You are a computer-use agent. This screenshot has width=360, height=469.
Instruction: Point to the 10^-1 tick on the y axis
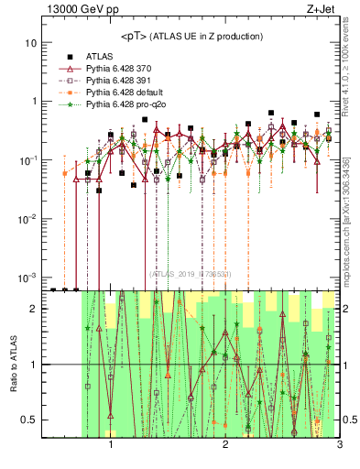[x=28, y=159]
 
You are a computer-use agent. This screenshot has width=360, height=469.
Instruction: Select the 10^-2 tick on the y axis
[x=28, y=218]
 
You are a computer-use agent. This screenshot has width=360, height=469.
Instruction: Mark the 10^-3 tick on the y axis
[x=28, y=277]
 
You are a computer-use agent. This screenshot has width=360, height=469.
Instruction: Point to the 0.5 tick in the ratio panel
[x=28, y=420]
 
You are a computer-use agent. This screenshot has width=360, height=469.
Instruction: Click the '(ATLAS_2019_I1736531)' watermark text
[x=191, y=274]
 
